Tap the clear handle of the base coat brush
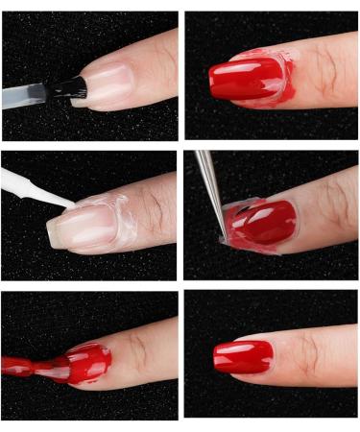24,96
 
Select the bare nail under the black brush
106,84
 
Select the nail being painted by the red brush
86,361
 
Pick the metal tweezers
209,187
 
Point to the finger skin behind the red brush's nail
144,350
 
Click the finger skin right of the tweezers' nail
322,211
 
